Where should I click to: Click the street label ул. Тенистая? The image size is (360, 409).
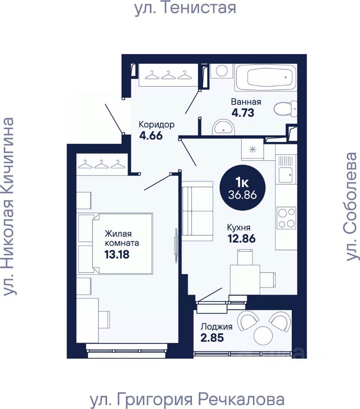click(185, 8)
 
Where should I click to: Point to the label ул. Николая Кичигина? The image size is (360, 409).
click(9, 207)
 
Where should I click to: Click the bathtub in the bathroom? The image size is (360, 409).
click(266, 78)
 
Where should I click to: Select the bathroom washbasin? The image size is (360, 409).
click(223, 127)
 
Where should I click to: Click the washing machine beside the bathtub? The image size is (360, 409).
click(222, 70)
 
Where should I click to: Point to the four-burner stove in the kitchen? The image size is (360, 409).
click(286, 218)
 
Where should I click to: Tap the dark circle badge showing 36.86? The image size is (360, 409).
click(243, 188)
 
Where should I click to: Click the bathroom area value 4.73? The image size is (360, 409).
click(243, 113)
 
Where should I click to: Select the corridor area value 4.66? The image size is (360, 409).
click(151, 135)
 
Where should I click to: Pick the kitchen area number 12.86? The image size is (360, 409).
click(242, 239)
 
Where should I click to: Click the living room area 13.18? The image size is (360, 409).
click(117, 254)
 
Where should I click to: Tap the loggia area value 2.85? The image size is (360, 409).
click(212, 337)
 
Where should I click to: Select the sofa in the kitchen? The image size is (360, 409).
click(197, 211)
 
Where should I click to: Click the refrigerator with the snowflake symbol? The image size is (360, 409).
click(253, 150)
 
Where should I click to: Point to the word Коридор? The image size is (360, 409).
click(157, 125)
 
